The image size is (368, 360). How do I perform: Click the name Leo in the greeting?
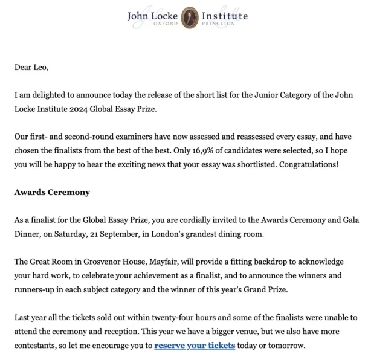pos(40,67)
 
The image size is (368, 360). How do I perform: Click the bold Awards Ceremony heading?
pos(52,192)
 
